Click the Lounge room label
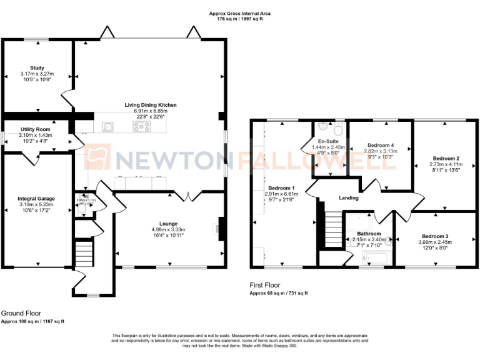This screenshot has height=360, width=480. tap(168, 223)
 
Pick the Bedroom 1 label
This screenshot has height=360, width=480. tap(281, 188)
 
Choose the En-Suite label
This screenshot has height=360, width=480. tap(329, 141)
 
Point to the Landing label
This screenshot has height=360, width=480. tap(348, 198)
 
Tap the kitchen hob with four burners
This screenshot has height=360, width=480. tap(142, 126)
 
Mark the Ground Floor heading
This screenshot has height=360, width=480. tap(21, 313)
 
